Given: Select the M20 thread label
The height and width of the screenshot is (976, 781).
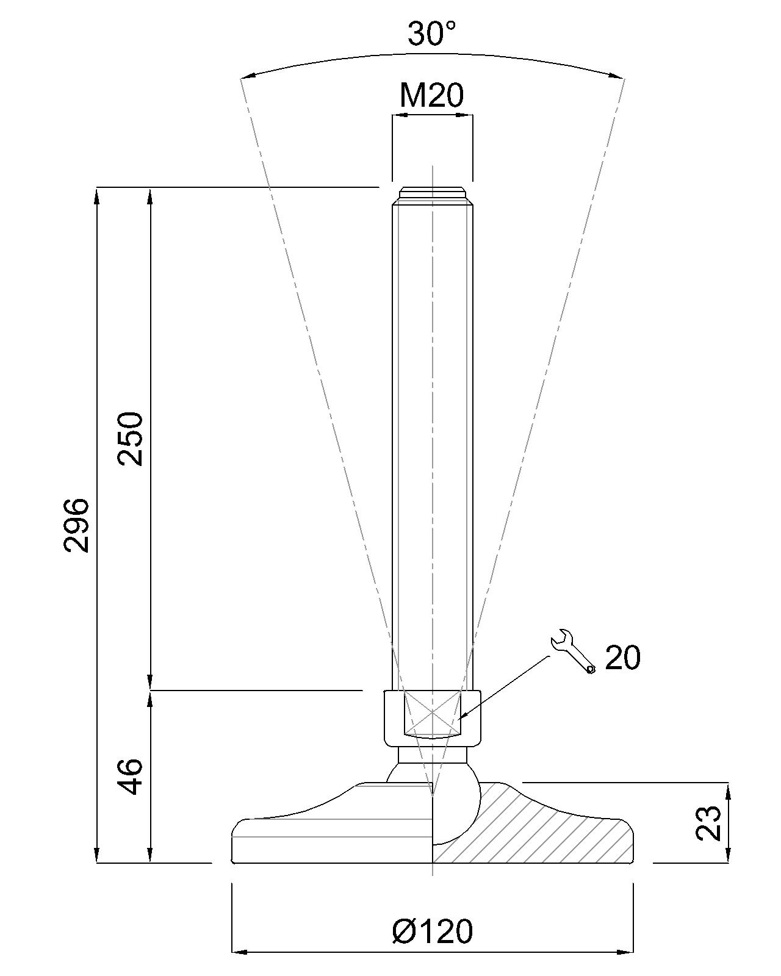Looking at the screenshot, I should tap(432, 95).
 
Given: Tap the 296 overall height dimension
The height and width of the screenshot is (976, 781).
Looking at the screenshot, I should tap(77, 525).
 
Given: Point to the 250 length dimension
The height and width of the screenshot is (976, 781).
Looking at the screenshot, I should tap(131, 439).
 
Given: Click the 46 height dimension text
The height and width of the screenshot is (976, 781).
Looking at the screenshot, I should tap(130, 777).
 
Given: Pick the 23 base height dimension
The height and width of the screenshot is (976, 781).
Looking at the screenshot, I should tap(709, 823).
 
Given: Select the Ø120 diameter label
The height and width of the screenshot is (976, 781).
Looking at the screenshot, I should tap(433, 931).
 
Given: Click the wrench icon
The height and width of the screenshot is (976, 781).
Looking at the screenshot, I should tap(572, 651).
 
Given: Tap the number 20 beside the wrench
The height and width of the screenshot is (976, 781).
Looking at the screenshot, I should tap(622, 658).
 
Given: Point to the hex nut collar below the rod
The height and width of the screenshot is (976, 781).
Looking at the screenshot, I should tap(432, 717).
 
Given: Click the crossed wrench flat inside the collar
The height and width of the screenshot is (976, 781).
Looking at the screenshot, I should tap(432, 712).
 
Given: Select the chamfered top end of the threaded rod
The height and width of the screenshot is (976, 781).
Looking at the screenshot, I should tap(432, 196).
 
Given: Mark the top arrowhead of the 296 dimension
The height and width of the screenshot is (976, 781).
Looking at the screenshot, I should tap(96, 194).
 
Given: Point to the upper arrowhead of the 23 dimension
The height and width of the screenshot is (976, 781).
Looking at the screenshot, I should tap(727, 789).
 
